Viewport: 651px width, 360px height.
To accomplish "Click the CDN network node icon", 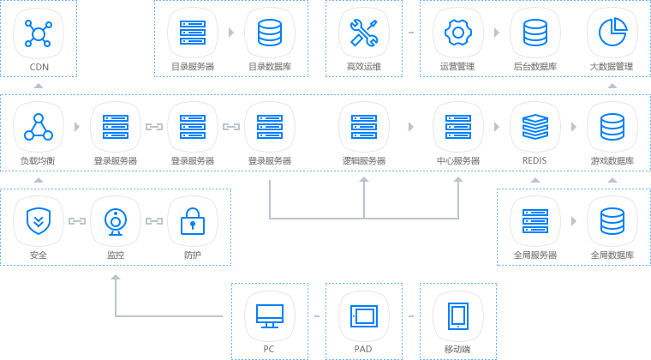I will click(x=39, y=33).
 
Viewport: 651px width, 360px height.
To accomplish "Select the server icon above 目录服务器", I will click(x=193, y=33).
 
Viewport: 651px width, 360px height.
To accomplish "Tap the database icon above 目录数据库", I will click(x=270, y=33).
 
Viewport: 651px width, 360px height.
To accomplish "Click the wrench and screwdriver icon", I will click(x=364, y=33).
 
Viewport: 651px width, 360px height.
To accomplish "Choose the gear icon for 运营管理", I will click(x=458, y=33).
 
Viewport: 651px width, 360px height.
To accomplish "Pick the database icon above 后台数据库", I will click(x=535, y=33).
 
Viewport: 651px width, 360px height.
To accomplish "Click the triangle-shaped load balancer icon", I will click(x=39, y=127).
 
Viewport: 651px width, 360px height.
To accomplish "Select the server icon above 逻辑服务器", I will click(x=364, y=127).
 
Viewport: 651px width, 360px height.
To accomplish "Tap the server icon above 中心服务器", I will click(x=458, y=127).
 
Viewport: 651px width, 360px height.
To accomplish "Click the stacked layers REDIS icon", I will click(x=535, y=127).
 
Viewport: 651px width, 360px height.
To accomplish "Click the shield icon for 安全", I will click(x=39, y=221).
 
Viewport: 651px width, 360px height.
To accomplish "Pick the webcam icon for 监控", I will click(x=116, y=221).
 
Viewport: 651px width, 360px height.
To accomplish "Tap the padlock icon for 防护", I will click(x=193, y=221).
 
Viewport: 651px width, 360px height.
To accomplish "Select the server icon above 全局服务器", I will click(x=535, y=221).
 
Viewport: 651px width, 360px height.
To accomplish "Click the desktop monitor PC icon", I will click(x=270, y=315).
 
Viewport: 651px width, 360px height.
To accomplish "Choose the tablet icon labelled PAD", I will click(x=364, y=315).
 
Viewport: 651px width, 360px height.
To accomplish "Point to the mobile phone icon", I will click(x=458, y=315).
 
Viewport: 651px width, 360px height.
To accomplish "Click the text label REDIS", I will click(x=535, y=160).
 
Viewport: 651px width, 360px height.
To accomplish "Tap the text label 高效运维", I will click(x=364, y=66).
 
